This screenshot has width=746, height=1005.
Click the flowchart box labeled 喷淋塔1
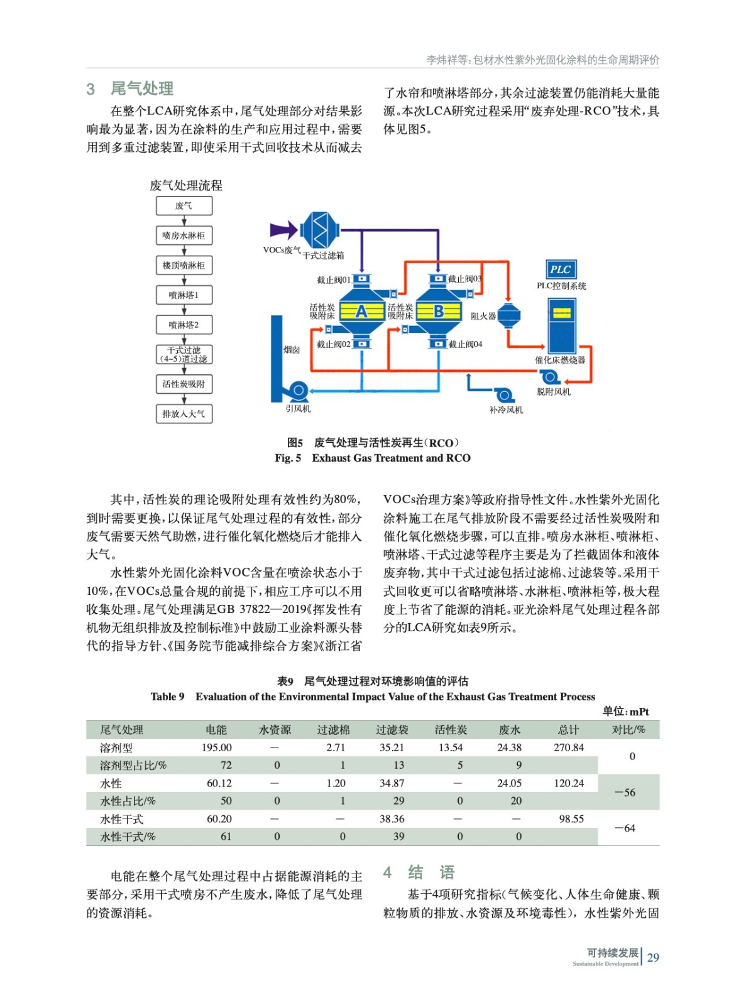point(184,295)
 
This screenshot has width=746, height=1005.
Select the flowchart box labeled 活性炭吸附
point(184,384)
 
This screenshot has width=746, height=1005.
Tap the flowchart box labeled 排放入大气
point(184,414)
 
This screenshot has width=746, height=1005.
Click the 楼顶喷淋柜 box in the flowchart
point(184,265)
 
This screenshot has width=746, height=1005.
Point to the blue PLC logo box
point(560,269)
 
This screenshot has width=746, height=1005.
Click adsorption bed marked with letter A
point(361,311)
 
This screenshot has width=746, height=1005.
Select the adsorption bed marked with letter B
point(439,311)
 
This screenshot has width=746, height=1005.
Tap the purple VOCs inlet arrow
point(283,230)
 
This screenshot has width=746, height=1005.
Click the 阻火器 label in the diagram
point(483,316)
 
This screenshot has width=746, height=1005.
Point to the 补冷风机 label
point(506,410)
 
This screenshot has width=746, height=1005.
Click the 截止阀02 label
point(333,344)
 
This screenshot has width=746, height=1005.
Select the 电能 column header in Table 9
point(216,729)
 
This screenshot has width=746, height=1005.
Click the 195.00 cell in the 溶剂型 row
point(216,747)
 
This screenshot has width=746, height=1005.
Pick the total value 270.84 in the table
point(568,747)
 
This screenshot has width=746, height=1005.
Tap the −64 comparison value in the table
point(625,828)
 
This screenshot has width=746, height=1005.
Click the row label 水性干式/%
point(128,837)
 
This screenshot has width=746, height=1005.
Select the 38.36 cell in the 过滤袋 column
point(392,819)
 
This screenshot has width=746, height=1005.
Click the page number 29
point(653,957)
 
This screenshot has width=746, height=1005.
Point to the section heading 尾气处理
point(142,89)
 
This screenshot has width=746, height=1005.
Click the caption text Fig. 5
point(288,458)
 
